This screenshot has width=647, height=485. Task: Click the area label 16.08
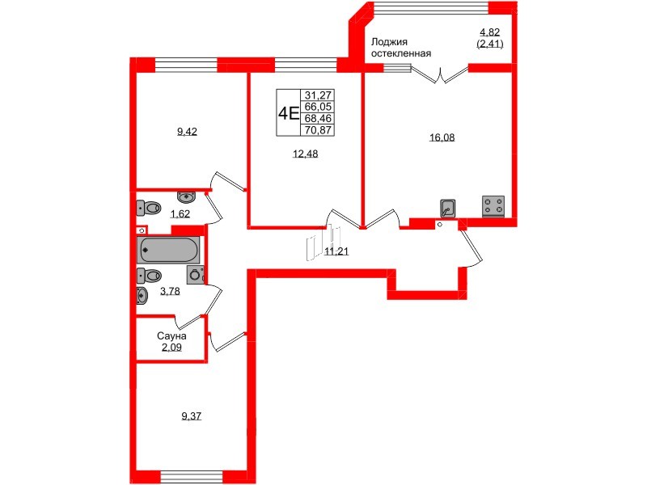point(442,137)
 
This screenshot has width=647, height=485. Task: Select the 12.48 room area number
point(305,156)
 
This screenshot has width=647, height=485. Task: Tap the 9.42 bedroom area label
point(187,131)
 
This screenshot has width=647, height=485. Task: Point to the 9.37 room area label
point(192,416)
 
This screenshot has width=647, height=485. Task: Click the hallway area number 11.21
point(336,252)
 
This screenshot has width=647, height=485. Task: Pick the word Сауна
point(172,335)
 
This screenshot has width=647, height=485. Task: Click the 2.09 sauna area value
point(172,348)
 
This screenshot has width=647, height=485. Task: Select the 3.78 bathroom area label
point(169,292)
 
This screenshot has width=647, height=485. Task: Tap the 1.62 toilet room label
point(179,214)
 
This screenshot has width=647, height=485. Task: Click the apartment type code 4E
point(288,112)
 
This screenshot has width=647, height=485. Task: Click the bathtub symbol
point(168,248)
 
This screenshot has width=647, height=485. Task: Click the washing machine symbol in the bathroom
point(195,275)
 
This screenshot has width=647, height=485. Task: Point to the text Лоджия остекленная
point(400,48)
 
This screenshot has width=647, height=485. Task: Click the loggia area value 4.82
point(490,33)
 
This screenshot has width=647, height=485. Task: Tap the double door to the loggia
point(438,75)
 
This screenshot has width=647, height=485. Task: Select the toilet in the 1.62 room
point(150,209)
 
